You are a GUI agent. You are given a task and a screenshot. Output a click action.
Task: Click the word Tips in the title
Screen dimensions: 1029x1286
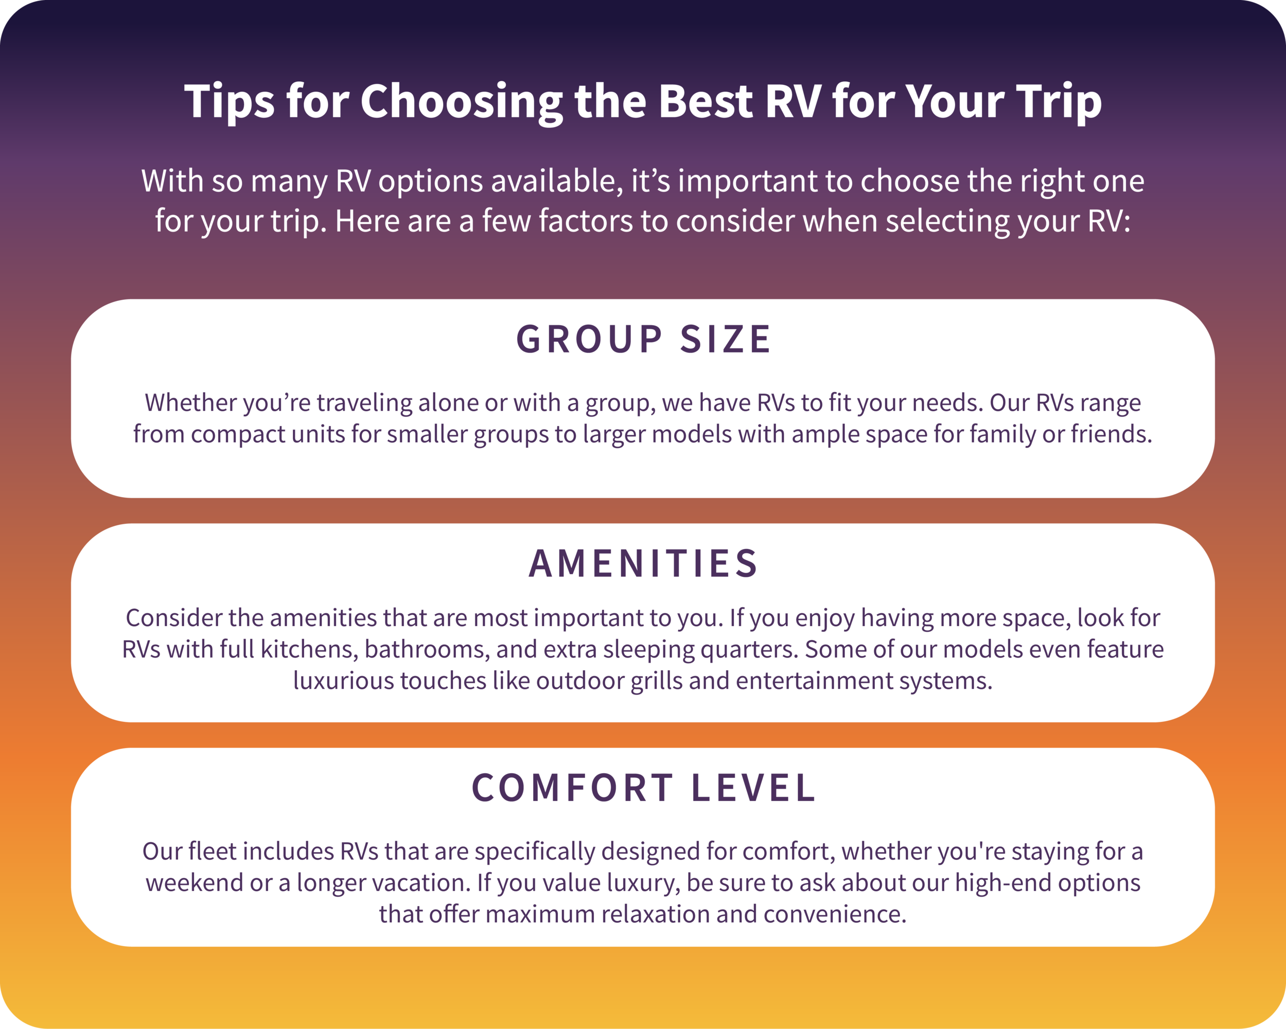pos(229,101)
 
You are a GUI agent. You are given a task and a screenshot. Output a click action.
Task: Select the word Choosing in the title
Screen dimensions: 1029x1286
pos(461,101)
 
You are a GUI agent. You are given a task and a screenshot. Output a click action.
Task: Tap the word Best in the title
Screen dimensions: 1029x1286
pos(705,101)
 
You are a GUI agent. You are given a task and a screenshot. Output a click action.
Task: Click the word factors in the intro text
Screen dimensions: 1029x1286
pos(585,221)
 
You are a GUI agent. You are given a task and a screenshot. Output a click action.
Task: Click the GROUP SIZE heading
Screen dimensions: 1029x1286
pos(643,340)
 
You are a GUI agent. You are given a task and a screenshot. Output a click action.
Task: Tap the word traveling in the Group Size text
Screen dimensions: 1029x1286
pos(364,403)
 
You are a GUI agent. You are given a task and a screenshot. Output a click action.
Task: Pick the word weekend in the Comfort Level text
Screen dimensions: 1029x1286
pos(195,883)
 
